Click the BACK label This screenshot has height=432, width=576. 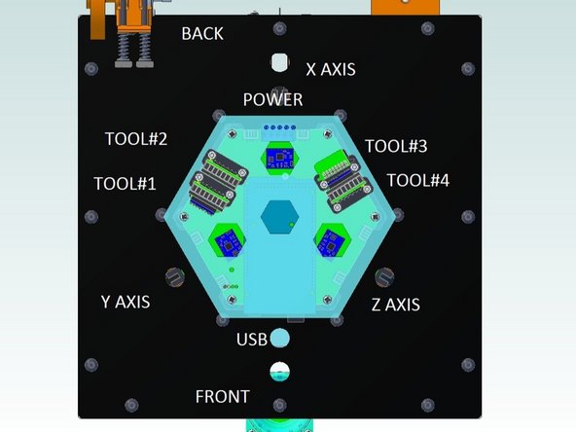[202, 34]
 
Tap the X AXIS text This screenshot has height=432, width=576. [331, 69]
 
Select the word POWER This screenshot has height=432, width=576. [272, 99]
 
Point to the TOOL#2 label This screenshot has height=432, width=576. [136, 139]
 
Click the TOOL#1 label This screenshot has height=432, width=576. [125, 183]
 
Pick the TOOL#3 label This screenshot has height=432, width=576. [396, 146]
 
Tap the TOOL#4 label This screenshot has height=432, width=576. [418, 180]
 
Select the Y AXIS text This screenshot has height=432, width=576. [126, 302]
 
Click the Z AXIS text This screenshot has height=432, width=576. [395, 305]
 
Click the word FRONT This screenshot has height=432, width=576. [222, 397]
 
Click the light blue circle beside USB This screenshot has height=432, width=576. [279, 339]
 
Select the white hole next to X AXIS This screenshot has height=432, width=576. [280, 62]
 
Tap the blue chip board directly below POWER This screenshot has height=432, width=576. [279, 156]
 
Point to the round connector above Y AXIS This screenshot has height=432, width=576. [175, 277]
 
